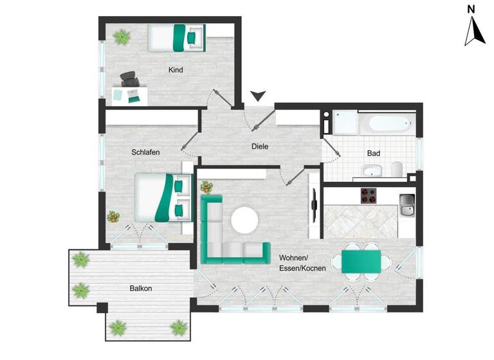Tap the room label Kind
pyautogui.click(x=176, y=70)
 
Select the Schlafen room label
pyautogui.click(x=145, y=152)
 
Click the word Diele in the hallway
pyautogui.click(x=259, y=147)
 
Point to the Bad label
pyautogui.click(x=373, y=154)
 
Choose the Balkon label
pyautogui.click(x=141, y=289)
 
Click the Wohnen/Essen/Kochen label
pyautogui.click(x=302, y=263)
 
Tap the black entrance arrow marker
pyautogui.click(x=258, y=96)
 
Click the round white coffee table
pyautogui.click(x=244, y=221)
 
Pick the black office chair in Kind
pyautogui.click(x=129, y=80)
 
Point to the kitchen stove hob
pyautogui.click(x=369, y=195)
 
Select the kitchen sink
pyautogui.click(x=407, y=205)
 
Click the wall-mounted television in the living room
pyautogui.click(x=314, y=206)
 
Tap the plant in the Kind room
pyautogui.click(x=120, y=38)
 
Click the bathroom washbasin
pyautogui.click(x=372, y=170)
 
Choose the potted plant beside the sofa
pyautogui.click(x=206, y=188)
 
